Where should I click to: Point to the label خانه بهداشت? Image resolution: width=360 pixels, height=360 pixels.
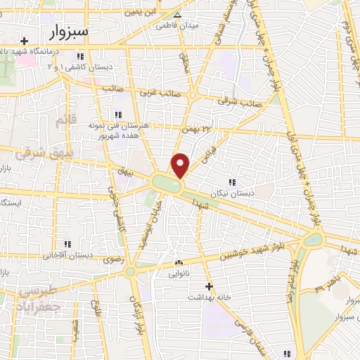pos(209,297)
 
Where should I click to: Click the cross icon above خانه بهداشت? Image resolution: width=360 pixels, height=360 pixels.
pos(209,286)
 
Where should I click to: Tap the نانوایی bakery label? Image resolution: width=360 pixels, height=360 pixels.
pos(178,274)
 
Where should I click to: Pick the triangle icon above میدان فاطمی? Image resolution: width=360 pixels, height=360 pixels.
pos(178,14)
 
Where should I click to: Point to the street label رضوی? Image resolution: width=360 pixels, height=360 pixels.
pos(112,260)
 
